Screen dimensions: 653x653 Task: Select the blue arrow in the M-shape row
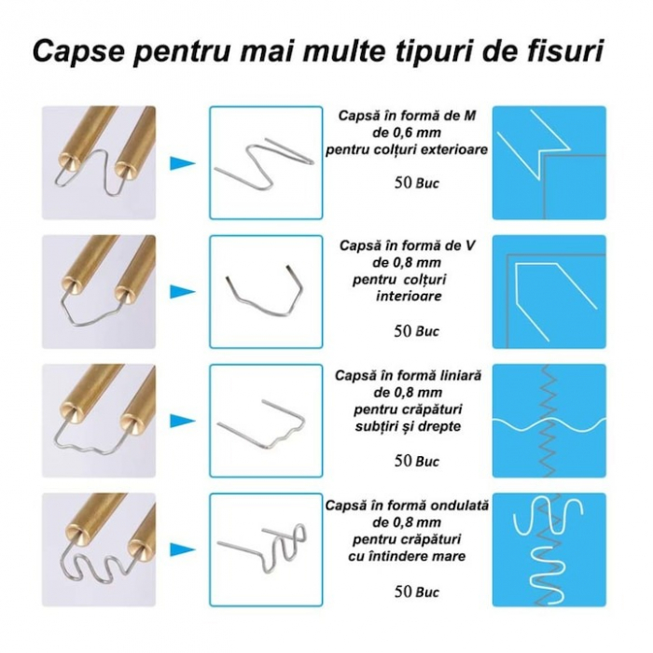[183, 163]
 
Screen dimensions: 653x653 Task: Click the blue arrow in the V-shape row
[183, 291]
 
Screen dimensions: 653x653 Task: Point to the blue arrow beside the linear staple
[183, 421]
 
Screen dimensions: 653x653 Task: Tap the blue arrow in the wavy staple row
[183, 549]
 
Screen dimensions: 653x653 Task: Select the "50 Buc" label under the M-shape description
[416, 183]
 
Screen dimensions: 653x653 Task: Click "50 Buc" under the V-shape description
[416, 331]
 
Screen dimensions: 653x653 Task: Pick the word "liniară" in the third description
[458, 375]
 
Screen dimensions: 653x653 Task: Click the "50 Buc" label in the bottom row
[416, 590]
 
